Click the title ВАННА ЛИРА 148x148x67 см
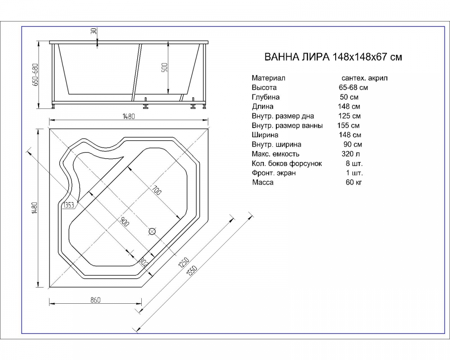pyautogui.click(x=333, y=58)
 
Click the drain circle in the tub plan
pyautogui.click(x=152, y=231)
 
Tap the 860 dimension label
pyautogui.click(x=95, y=300)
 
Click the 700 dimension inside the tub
pyautogui.click(x=156, y=190)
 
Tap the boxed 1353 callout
pyautogui.click(x=68, y=205)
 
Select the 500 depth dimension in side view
pyautogui.click(x=165, y=67)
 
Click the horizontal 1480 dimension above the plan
pyautogui.click(x=129, y=116)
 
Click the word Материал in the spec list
pyautogui.click(x=269, y=78)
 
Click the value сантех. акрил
pyautogui.click(x=364, y=78)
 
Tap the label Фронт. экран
pyautogui.click(x=274, y=173)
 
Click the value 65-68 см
pyautogui.click(x=353, y=87)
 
